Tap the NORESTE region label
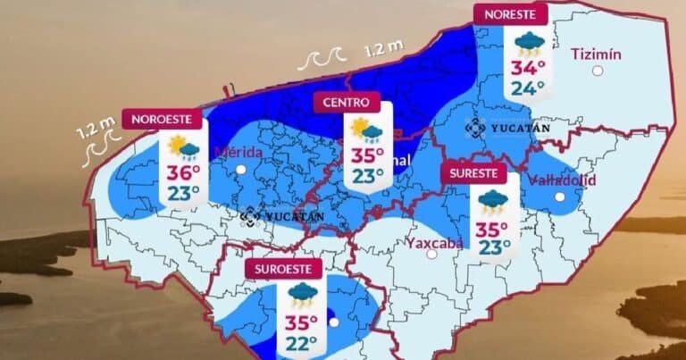pyautogui.click(x=510, y=13)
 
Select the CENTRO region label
pyautogui.click(x=346, y=102)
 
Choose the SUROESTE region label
pyautogui.click(x=282, y=268)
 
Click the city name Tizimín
pyautogui.click(x=596, y=53)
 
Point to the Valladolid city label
pyautogui.click(x=563, y=180)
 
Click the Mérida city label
pyautogui.click(x=238, y=152)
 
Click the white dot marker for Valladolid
pyautogui.click(x=559, y=197)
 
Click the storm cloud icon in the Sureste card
pyautogui.click(x=494, y=203)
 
